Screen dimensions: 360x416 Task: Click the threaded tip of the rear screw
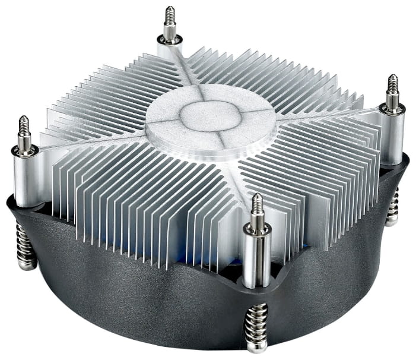[170, 16]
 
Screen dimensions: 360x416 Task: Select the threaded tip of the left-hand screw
[24, 126]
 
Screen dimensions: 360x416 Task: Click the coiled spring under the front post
[256, 324]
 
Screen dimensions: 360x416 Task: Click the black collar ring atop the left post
[25, 149]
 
